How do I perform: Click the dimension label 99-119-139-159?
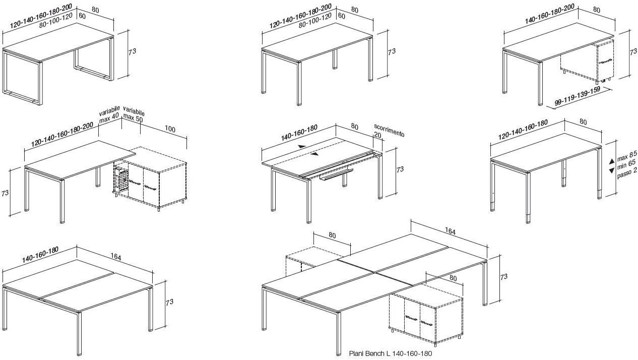click(577, 98)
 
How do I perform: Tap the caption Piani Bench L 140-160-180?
click(390, 354)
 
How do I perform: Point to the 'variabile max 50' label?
click(134, 113)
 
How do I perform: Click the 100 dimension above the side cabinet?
click(170, 130)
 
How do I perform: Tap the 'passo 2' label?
click(627, 171)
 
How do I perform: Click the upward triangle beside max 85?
click(612, 160)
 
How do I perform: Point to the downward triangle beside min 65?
click(612, 171)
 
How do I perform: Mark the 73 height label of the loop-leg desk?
click(133, 51)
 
